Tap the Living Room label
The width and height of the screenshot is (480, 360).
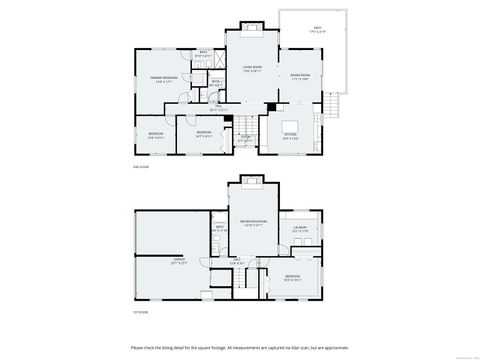[x=252, y=68]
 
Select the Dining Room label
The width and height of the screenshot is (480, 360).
[x=299, y=76]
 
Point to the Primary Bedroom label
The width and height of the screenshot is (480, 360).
[x=165, y=80]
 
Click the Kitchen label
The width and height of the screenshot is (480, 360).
[x=291, y=136]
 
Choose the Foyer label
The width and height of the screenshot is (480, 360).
[x=245, y=139]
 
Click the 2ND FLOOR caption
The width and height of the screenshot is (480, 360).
[x=139, y=168]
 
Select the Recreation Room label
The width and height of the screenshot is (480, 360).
[x=253, y=223]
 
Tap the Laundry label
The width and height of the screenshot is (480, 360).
[x=300, y=229]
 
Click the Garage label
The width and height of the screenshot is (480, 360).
[x=180, y=262]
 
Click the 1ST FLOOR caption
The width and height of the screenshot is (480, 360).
[x=139, y=312]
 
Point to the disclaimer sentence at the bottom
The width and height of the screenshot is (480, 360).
[x=239, y=347]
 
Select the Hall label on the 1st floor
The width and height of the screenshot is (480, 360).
[x=238, y=262]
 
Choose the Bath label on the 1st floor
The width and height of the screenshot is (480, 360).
[x=219, y=229]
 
